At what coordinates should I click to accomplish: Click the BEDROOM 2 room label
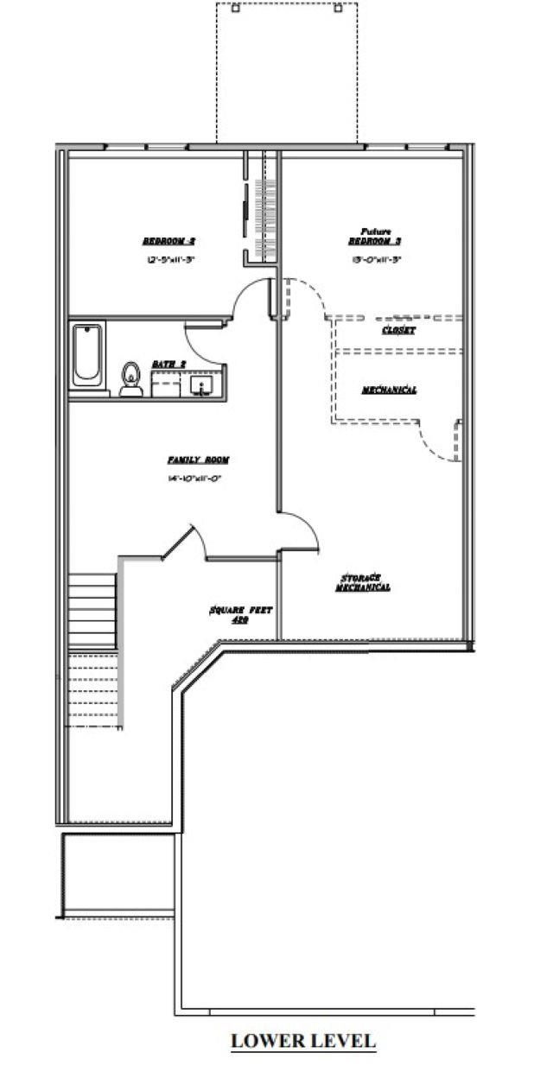[x=168, y=241]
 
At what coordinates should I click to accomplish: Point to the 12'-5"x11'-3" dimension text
[x=168, y=259]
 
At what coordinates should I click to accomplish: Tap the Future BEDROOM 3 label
[x=374, y=237]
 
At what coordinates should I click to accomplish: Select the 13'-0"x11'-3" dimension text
[x=374, y=259]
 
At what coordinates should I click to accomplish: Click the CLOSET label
[x=398, y=331]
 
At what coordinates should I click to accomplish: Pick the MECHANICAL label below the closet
[x=389, y=390]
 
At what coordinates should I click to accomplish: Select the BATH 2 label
[x=168, y=365]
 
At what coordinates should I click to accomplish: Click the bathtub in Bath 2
[x=88, y=356]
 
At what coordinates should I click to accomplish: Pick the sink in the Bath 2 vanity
[x=207, y=384]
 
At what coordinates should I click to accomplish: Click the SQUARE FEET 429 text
[x=240, y=614]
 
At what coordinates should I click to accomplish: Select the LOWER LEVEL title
[x=302, y=1041]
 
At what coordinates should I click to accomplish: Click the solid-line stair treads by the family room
[x=92, y=610]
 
